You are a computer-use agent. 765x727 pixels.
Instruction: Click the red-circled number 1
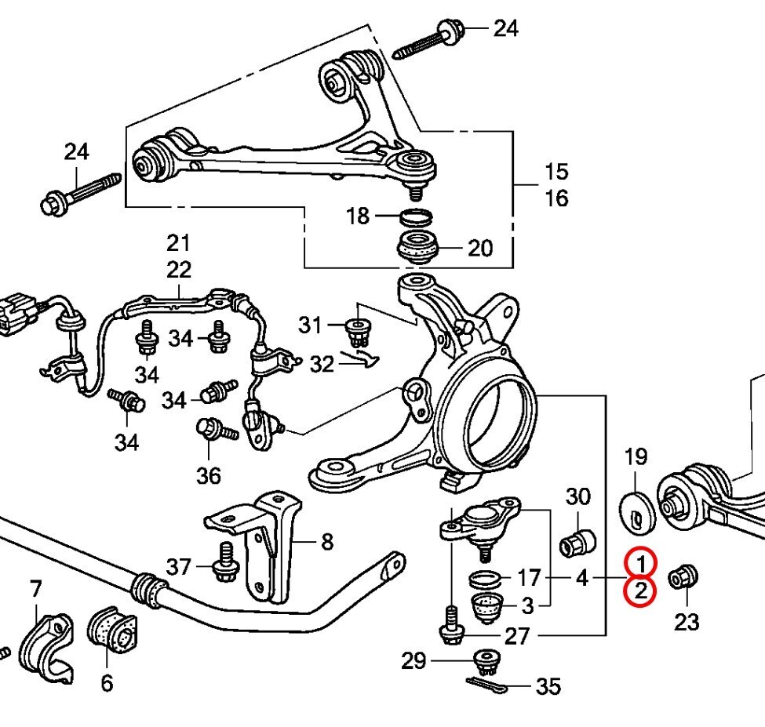tap(641, 563)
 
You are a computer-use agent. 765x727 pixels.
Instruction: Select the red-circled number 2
tap(641, 591)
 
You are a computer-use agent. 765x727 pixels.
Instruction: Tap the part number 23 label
tap(686, 623)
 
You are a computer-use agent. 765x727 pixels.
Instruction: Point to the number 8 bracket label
tap(327, 541)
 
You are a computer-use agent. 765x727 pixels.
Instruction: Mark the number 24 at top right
tap(506, 29)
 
